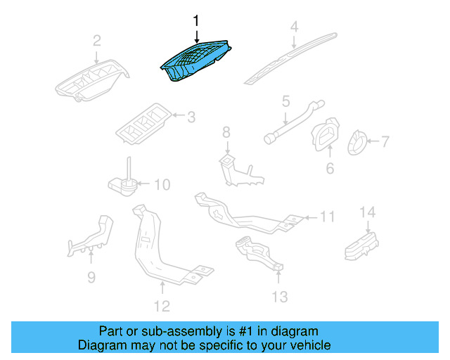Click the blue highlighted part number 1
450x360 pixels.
(x=195, y=62)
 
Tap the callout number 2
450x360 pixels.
(x=97, y=40)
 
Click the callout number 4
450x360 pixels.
(x=295, y=27)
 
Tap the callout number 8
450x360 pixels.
(x=226, y=132)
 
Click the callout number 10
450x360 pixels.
(x=162, y=185)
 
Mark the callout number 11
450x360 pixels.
(x=328, y=217)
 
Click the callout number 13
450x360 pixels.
(x=279, y=297)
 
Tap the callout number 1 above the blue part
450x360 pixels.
(x=197, y=22)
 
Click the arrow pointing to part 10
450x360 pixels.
(x=143, y=185)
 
